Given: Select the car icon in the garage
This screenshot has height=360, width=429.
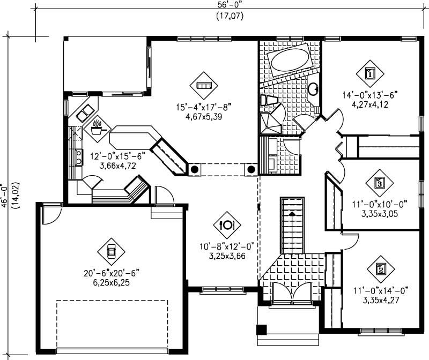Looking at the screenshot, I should pyautogui.click(x=111, y=250).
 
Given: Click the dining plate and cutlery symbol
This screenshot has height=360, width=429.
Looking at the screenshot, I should pyautogui.click(x=226, y=225).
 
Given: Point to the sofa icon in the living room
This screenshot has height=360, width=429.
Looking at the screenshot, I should pyautogui.click(x=204, y=85).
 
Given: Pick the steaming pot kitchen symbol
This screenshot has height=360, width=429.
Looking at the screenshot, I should pyautogui.click(x=97, y=129).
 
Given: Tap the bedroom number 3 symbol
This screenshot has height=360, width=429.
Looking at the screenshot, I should pyautogui.click(x=379, y=182).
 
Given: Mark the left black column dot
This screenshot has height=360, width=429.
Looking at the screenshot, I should pyautogui.click(x=195, y=170).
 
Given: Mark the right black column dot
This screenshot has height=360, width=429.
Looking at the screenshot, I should pyautogui.click(x=250, y=170).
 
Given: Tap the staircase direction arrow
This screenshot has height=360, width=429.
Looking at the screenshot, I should pyautogui.click(x=292, y=213).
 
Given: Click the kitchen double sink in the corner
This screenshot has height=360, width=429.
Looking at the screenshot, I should pyautogui.click(x=85, y=113).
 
